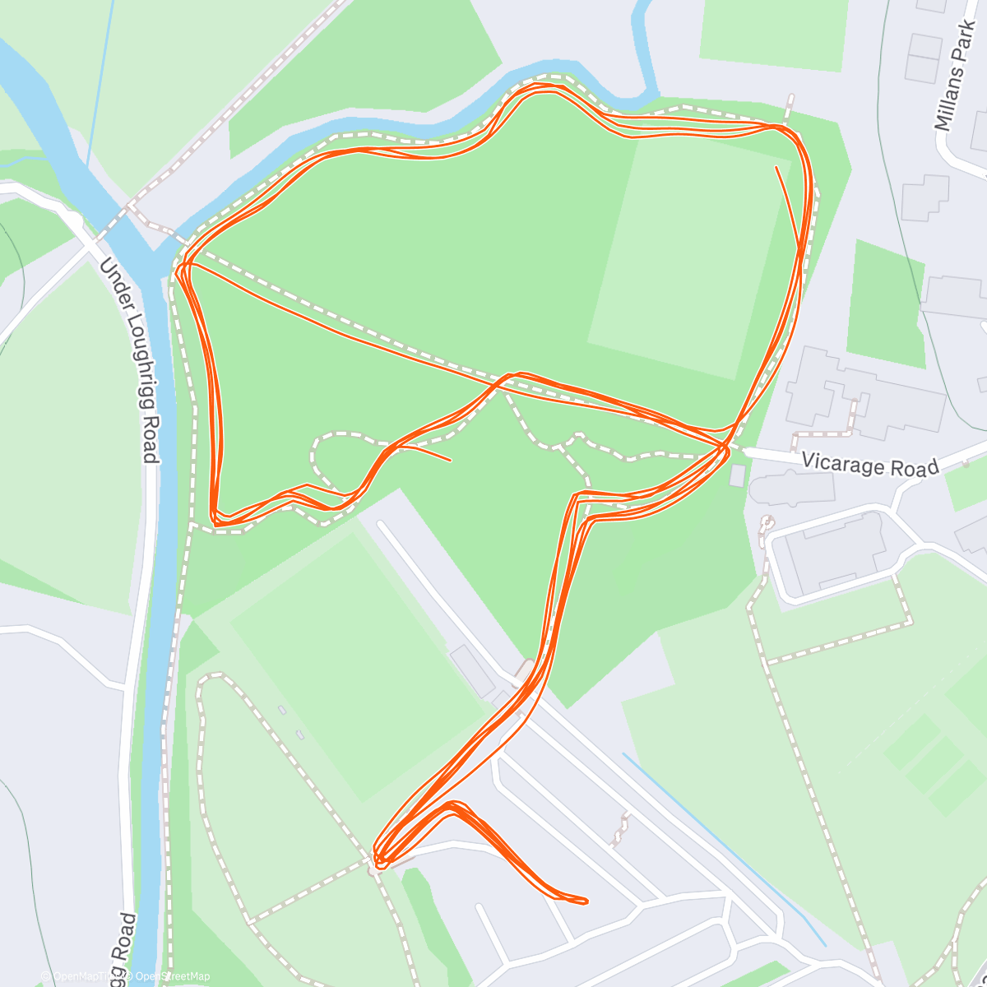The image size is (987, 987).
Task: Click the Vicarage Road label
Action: point(869,465)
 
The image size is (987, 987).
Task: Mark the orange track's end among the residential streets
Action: point(586,901)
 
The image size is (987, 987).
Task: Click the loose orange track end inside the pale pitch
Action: point(776,168)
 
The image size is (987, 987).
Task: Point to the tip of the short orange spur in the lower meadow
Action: point(450,459)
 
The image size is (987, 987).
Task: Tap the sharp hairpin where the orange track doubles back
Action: point(379,862)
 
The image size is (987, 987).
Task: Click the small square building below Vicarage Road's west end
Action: point(737,475)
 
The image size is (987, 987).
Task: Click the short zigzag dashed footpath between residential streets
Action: point(619,831)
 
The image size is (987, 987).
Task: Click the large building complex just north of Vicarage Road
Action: point(864,395)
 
